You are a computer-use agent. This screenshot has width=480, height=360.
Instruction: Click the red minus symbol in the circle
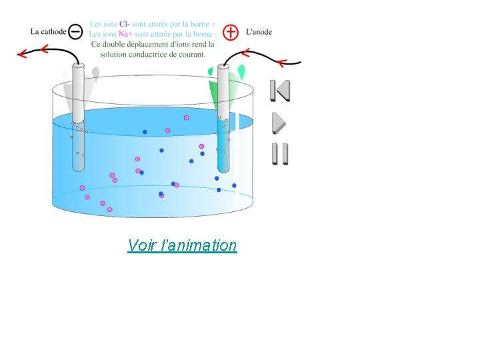point(76,31)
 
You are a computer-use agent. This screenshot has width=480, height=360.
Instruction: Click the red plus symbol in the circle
point(231,31)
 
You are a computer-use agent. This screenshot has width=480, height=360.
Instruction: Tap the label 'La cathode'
point(49,31)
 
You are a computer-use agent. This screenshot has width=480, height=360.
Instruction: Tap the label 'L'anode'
point(259,31)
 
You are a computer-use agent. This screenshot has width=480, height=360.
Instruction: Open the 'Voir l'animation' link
point(182,245)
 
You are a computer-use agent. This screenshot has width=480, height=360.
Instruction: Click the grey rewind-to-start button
point(280,91)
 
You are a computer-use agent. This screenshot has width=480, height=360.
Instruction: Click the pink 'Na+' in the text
point(126,34)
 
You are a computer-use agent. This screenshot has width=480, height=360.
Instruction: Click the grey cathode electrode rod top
point(78,67)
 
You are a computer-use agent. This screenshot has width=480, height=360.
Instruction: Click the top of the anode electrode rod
point(223,67)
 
